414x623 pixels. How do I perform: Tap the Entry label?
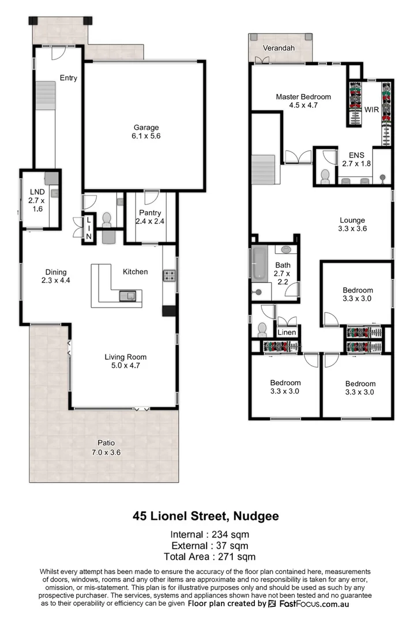pos(68,78)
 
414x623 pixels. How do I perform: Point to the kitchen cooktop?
pos(170,276)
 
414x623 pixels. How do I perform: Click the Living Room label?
pos(122,356)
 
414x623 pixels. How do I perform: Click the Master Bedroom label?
pos(303,96)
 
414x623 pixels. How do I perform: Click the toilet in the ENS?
pos(325,176)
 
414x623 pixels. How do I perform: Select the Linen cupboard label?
pos(287,333)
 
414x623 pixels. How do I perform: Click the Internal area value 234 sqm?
pos(228,534)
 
